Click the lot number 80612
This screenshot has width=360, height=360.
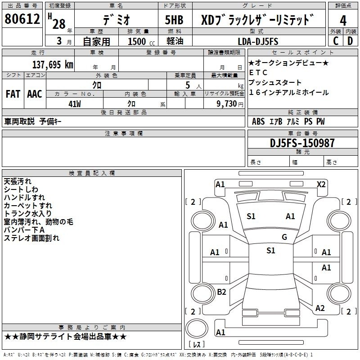(x=22, y=19)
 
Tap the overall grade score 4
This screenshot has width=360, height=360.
(x=343, y=20)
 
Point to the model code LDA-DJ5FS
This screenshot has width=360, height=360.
(x=258, y=41)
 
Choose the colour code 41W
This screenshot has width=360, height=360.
(x=74, y=103)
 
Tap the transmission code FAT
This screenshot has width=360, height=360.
(x=13, y=94)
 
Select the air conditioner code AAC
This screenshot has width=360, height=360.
(x=34, y=94)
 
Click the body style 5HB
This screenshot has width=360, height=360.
(x=171, y=20)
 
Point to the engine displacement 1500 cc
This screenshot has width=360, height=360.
(x=137, y=42)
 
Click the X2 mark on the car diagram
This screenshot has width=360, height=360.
(x=321, y=184)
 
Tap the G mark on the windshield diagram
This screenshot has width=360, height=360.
(x=284, y=237)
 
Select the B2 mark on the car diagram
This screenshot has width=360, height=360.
(x=221, y=292)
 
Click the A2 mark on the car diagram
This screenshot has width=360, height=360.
(x=320, y=308)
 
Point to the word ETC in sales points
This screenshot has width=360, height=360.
(x=258, y=72)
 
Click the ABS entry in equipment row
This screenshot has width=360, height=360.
(x=258, y=121)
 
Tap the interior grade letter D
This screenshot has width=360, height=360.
(x=350, y=41)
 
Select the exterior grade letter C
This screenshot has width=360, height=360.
(x=335, y=41)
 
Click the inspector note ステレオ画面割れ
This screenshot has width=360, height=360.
(x=31, y=238)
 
